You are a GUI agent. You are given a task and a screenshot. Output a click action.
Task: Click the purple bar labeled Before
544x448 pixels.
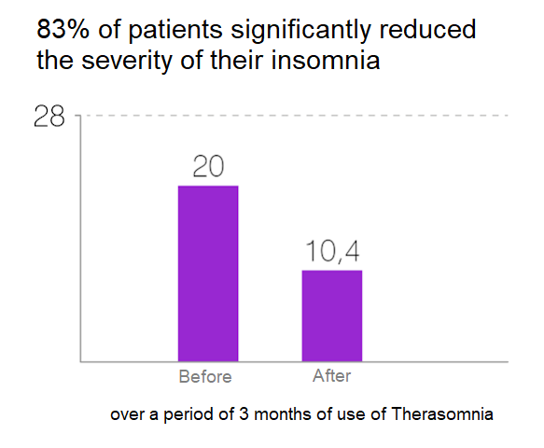pos(208,273)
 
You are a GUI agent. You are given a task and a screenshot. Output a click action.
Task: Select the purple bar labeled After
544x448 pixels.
pos(332,315)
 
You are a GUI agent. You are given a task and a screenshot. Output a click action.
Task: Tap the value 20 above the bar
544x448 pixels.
pos(208,166)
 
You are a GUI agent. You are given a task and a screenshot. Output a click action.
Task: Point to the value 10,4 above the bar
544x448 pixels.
pos(332,251)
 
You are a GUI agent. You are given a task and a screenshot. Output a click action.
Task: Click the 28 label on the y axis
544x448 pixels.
pos(49,117)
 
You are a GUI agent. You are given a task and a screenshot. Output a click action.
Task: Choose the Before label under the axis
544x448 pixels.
pos(205,377)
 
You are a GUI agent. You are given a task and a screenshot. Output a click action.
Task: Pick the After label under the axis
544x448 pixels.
pos(331,376)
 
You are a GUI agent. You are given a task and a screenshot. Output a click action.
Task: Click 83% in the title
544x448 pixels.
pos(63,29)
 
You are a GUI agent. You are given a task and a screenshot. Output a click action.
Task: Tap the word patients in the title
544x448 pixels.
pos(175,31)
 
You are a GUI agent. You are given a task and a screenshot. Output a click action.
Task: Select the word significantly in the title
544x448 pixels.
pos(300,31)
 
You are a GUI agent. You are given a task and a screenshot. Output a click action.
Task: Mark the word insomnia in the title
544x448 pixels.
pos(326,60)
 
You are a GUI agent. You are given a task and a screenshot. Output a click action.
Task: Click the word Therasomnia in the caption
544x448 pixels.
pos(442,413)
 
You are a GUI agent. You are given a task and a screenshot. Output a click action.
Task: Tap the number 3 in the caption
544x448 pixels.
pos(244,414)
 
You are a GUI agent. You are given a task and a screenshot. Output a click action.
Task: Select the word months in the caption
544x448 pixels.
pos(283,413)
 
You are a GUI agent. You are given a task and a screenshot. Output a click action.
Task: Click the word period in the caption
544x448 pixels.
pos(188,415)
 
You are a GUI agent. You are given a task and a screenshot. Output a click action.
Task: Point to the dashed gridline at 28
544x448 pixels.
pos(295,115)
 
